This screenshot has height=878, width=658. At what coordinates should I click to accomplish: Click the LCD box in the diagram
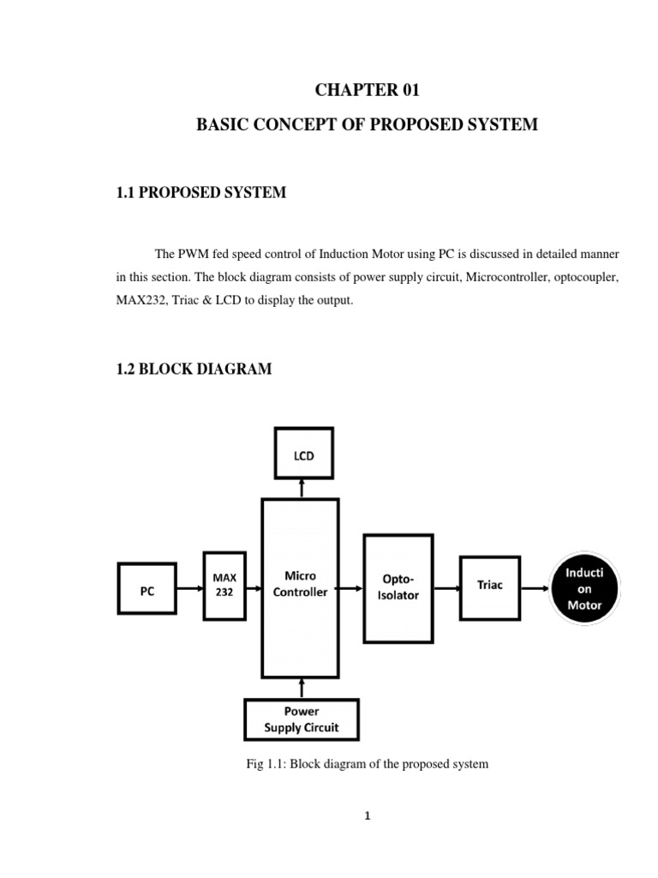click(x=303, y=455)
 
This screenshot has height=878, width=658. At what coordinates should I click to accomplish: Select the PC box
click(x=147, y=588)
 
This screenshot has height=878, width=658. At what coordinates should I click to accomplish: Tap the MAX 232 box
click(x=224, y=586)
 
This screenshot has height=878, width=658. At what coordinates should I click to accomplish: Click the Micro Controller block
click(x=300, y=588)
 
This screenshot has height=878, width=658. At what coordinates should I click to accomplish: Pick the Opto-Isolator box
click(x=398, y=588)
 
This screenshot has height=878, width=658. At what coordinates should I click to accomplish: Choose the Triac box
click(x=490, y=587)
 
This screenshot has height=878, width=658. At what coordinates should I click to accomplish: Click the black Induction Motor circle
click(x=583, y=588)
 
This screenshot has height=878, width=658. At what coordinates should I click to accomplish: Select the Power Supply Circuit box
click(x=301, y=719)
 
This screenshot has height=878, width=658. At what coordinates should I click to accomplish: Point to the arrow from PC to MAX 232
click(x=189, y=588)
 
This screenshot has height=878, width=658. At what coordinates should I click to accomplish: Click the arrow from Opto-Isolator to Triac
click(x=446, y=588)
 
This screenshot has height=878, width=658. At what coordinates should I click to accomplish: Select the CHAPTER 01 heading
click(x=367, y=90)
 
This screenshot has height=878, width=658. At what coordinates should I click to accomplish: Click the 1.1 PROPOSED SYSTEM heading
click(x=200, y=193)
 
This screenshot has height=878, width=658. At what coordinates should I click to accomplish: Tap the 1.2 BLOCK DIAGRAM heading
click(x=194, y=370)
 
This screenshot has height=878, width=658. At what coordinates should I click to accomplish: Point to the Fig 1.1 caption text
click(x=367, y=763)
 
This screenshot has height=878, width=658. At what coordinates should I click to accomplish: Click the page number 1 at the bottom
click(x=368, y=816)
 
